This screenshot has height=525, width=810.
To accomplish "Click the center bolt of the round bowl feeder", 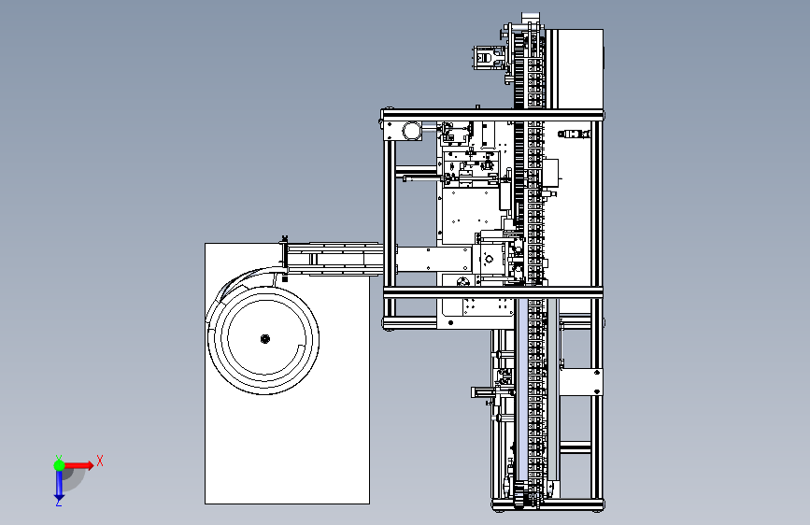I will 264,338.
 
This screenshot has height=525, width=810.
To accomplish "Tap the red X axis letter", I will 99,461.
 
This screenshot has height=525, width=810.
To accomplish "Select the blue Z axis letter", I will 58,502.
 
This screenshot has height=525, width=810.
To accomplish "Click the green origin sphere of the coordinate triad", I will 59,464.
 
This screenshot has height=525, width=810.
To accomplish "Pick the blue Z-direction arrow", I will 59,483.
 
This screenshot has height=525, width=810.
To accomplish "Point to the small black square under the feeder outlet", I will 283,277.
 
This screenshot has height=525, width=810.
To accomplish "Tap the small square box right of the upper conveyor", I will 550,171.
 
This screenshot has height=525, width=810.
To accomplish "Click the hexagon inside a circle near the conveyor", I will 488,259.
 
